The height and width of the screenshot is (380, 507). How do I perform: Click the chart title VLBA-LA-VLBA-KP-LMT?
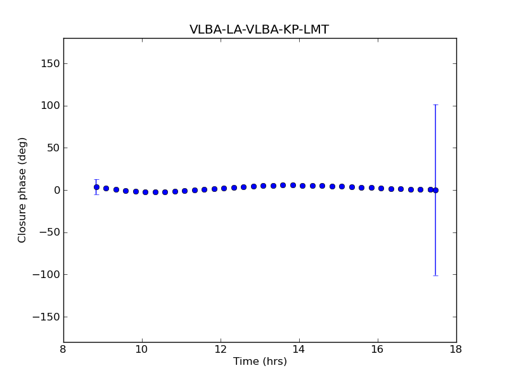[x=259, y=30]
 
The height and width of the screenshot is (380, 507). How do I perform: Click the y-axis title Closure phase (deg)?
[x=23, y=190]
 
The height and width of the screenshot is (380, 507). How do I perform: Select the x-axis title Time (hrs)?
[x=260, y=362]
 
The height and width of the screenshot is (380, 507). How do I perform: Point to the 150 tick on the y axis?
[x=51, y=63]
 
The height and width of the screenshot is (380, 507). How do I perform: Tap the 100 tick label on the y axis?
[x=51, y=106]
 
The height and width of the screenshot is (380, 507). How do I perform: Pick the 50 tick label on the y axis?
[x=53, y=148]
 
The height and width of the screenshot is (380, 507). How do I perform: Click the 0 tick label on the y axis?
[x=56, y=190]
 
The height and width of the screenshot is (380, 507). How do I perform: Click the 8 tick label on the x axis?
[x=63, y=350]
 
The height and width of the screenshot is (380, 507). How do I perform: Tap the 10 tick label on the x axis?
[x=142, y=350]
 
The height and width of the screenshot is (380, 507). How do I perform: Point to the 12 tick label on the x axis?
[x=221, y=350]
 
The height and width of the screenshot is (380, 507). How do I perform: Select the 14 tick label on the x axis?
[x=299, y=350]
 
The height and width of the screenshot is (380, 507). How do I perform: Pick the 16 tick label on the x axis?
[x=378, y=350]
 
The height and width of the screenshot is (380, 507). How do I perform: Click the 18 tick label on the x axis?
[x=456, y=350]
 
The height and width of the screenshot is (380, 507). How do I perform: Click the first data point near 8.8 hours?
[x=96, y=187]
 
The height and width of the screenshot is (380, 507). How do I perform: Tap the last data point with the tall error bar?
[x=435, y=190]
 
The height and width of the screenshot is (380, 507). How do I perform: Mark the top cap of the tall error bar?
[x=435, y=104]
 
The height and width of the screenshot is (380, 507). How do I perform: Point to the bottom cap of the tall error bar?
[x=435, y=275]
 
